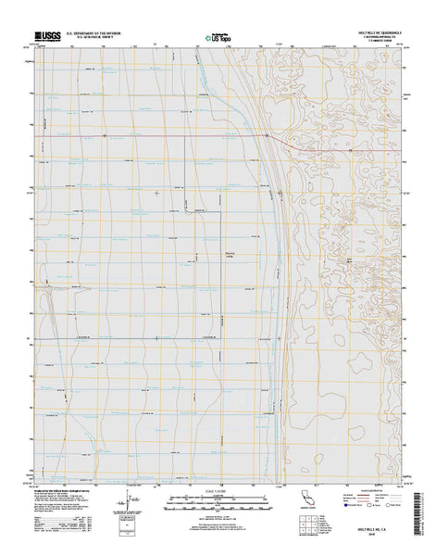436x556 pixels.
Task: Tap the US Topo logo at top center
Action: tap(215, 39)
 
